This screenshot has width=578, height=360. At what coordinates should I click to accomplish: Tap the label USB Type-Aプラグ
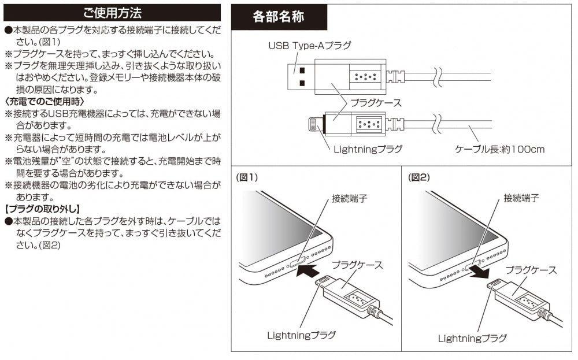pyautogui.click(x=309, y=45)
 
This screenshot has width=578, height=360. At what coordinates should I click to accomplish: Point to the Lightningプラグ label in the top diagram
pyautogui.click(x=368, y=149)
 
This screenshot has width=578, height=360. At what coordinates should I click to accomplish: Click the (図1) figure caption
pyautogui.click(x=247, y=178)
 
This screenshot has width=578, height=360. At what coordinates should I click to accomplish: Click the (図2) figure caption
pyautogui.click(x=420, y=178)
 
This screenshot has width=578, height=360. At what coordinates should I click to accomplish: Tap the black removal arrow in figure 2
pyautogui.click(x=479, y=270)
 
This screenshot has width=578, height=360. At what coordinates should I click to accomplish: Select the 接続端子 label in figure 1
pyautogui.click(x=350, y=198)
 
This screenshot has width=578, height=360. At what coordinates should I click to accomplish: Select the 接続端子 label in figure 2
pyautogui.click(x=521, y=198)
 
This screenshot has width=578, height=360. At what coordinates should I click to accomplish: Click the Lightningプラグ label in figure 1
pyautogui.click(x=301, y=335)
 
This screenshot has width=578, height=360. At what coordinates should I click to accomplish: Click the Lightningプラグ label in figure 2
pyautogui.click(x=472, y=338)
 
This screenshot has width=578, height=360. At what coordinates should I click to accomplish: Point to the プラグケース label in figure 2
pyautogui.click(x=531, y=270)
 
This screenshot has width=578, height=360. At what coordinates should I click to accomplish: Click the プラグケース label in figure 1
pyautogui.click(x=357, y=265)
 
